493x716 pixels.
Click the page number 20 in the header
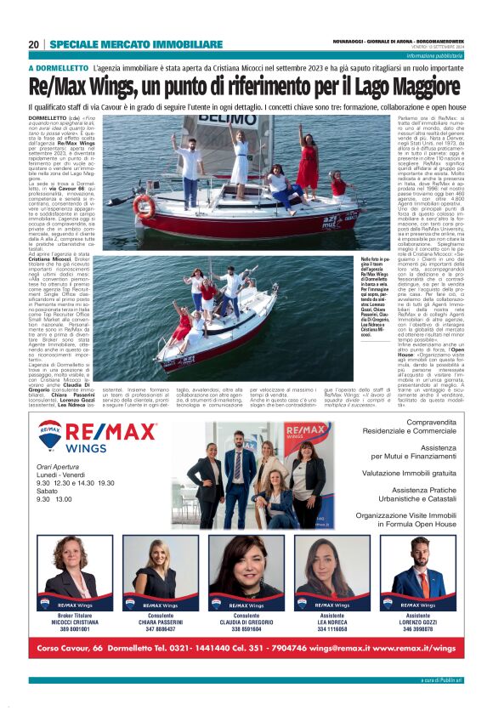[33, 44]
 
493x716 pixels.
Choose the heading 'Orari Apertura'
[58, 468]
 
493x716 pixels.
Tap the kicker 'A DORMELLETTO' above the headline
[59, 66]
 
